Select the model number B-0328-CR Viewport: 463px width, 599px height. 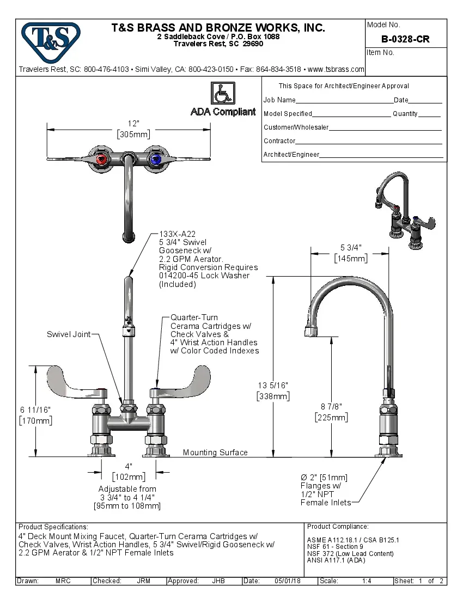[405, 39]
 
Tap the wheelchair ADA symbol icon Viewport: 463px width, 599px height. [222, 94]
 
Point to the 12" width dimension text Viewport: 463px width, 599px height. [133, 124]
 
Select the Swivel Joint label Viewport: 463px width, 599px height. [68, 334]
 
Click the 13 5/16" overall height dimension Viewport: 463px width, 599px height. [273, 386]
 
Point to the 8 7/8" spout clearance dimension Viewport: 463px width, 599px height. [331, 406]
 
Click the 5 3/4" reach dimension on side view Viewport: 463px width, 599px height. [350, 248]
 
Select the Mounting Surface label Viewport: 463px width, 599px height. [215, 453]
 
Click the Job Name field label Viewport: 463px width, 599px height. [279, 100]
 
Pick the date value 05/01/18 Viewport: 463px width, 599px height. [288, 581]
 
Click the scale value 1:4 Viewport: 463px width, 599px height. [367, 581]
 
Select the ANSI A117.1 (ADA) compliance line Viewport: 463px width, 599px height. [336, 560]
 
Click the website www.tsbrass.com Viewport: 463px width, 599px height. [336, 69]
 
